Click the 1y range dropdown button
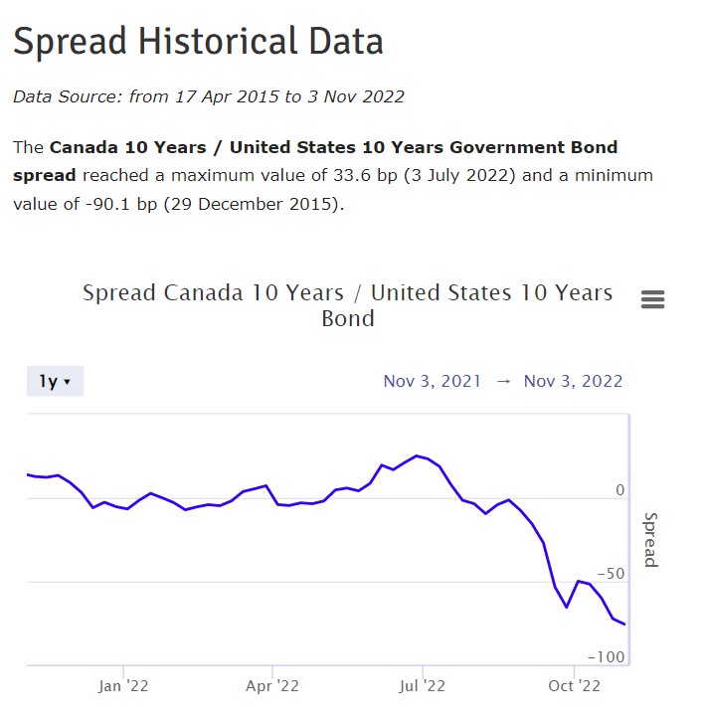point(55,381)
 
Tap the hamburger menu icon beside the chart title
point(653,299)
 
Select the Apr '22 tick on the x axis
point(271,685)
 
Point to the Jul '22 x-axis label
point(422,685)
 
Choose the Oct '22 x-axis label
point(575,685)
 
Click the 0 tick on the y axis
point(620,490)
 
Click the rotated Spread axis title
point(650,539)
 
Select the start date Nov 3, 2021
point(432,381)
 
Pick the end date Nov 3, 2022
point(573,381)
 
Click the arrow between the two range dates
point(502,381)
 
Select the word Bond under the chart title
point(348,319)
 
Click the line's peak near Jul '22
point(417,455)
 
